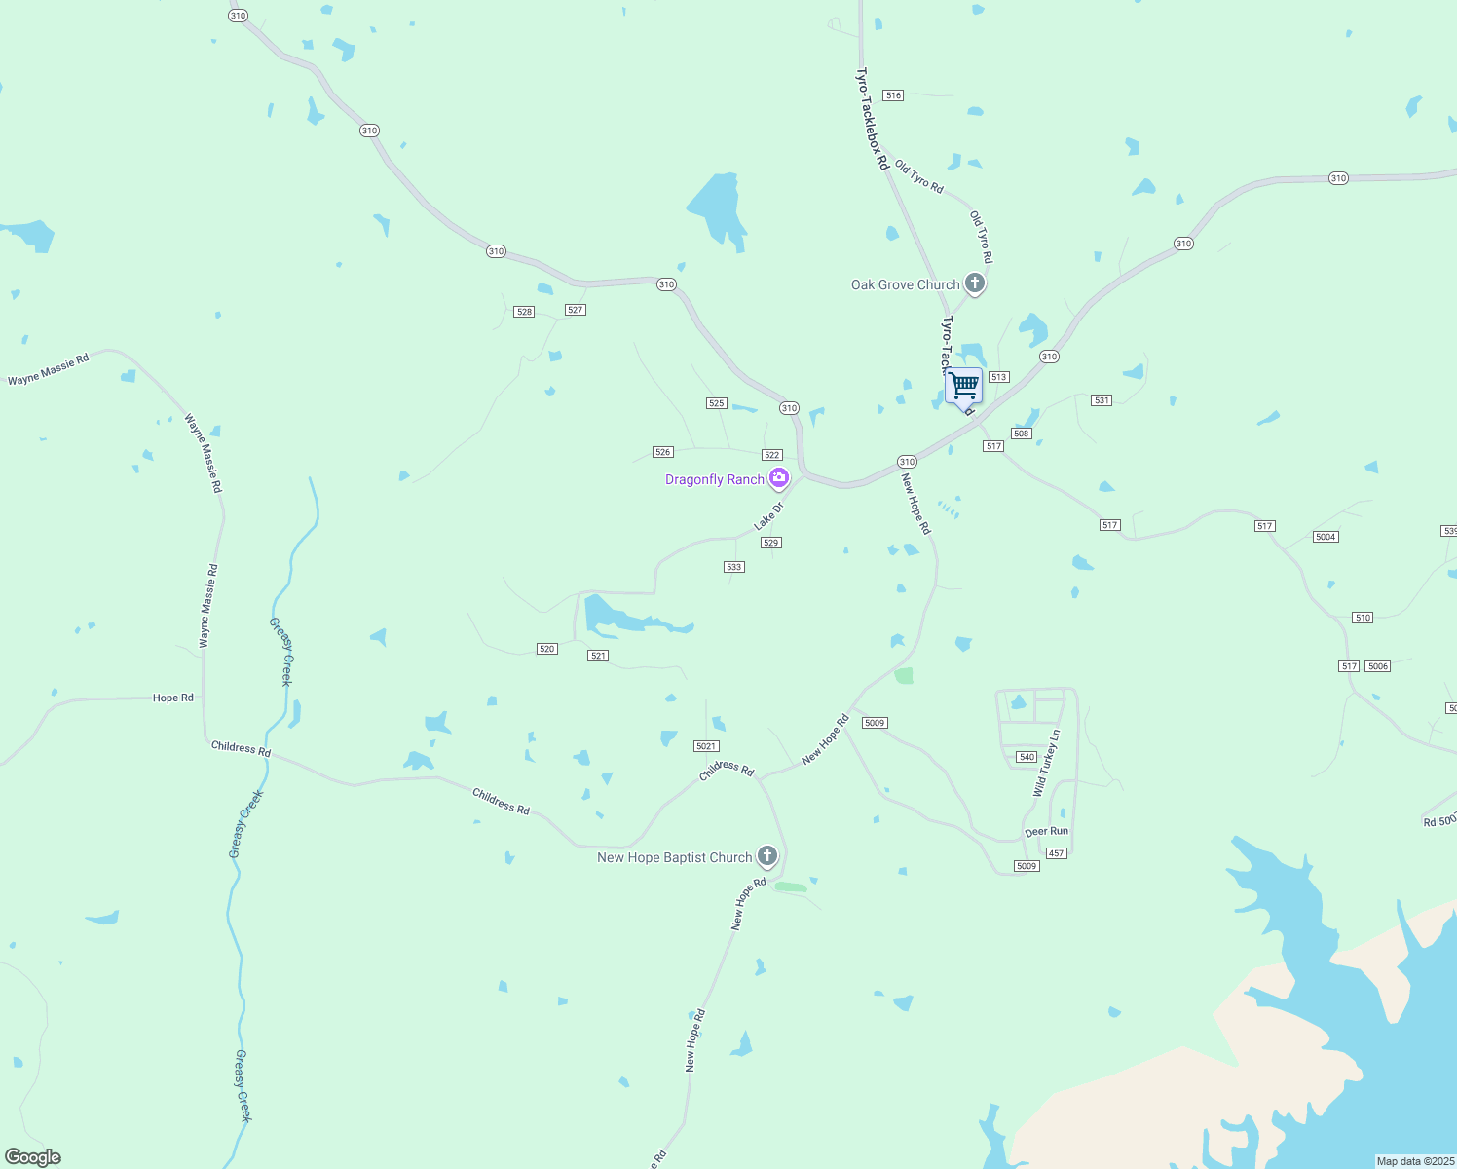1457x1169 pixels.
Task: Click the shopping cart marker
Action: pos(963,387)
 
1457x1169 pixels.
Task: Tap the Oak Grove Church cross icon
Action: pos(974,283)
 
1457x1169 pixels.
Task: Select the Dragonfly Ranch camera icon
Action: pos(778,477)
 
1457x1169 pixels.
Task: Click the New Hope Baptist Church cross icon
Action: pos(767,856)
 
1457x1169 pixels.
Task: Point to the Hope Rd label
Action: pos(173,698)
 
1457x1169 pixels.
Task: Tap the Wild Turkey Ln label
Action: pos(1047,764)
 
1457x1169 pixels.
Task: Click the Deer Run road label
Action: pos(1046,832)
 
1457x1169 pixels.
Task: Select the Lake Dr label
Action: pos(768,516)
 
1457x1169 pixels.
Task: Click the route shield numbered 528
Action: pos(524,312)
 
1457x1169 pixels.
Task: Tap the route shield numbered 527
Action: pos(575,310)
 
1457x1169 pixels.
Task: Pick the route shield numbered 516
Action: pos(893,95)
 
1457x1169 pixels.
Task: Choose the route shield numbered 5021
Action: pos(706,746)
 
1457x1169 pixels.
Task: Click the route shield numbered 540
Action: pos(1027,757)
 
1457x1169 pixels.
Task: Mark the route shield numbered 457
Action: pos(1057,853)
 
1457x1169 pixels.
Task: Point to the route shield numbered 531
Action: pos(1102,400)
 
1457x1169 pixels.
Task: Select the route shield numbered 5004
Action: pos(1325,537)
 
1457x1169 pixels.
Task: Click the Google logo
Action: pos(33,1157)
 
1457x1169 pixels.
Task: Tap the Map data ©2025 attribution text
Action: pos(1414,1161)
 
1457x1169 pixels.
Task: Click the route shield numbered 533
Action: pos(734,567)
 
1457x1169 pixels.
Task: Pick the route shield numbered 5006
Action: pos(1377,666)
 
